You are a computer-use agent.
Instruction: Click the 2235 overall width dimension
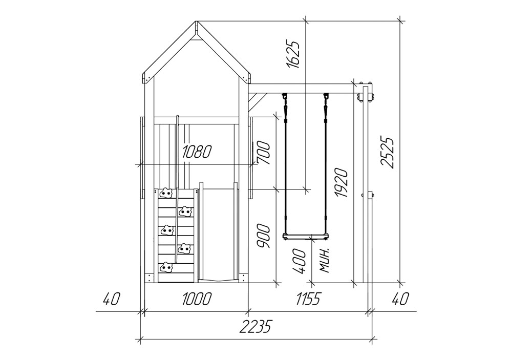pyautogui.click(x=255, y=326)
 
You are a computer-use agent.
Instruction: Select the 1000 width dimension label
pyautogui.click(x=197, y=299)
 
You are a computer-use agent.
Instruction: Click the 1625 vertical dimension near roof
pyautogui.click(x=292, y=55)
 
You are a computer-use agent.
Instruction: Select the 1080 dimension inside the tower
pyautogui.click(x=197, y=152)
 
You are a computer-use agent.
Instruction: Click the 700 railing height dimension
pyautogui.click(x=263, y=153)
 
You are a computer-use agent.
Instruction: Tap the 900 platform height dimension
pyautogui.click(x=263, y=236)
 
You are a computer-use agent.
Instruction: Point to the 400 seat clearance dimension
pyautogui.click(x=299, y=261)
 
